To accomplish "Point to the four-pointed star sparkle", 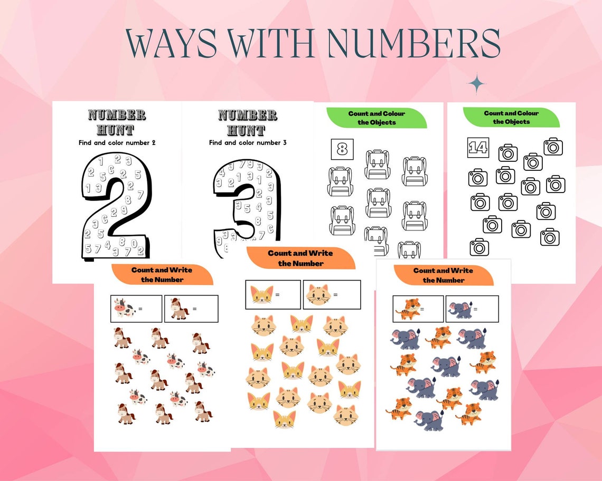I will coord(476,84).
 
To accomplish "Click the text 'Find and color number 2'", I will coord(117,142).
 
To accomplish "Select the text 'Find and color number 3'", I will coord(248,142).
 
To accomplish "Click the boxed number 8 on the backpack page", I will coord(342,149).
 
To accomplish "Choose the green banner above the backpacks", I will coord(376,118).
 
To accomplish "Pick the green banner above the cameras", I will coord(511,117).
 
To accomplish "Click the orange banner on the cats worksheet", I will coord(300,258).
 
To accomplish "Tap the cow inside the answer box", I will coord(125,309).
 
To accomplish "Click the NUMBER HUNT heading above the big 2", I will coord(117,122).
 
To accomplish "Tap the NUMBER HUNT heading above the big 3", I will coord(248,122).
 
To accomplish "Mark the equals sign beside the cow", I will coord(140,309).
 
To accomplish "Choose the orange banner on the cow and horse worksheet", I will coord(162,275).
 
